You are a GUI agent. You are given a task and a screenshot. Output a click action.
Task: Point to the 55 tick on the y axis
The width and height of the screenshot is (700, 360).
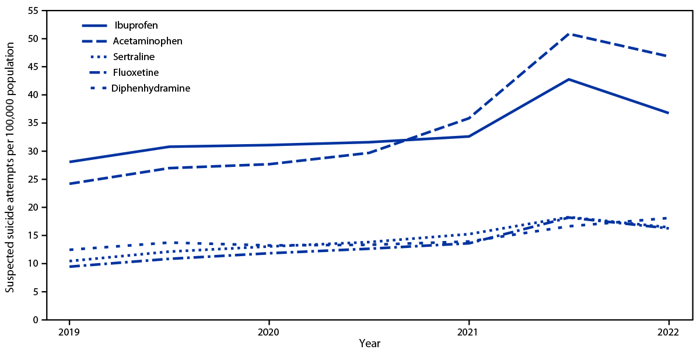click(33, 11)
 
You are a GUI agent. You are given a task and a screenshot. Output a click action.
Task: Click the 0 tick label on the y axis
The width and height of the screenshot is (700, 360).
click(36, 320)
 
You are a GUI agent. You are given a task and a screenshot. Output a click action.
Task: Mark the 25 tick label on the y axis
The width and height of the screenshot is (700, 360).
click(33, 179)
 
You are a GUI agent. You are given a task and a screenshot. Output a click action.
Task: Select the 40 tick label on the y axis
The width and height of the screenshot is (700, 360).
click(33, 95)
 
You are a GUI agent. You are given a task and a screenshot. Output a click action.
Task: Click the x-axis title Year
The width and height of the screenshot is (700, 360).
click(369, 344)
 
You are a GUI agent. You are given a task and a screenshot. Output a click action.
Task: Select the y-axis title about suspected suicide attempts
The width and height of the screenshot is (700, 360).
click(10, 165)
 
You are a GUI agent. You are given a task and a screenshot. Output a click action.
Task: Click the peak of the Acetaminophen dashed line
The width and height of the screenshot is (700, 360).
click(569, 34)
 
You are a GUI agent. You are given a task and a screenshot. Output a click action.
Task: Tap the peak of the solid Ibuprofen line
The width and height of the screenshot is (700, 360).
click(569, 79)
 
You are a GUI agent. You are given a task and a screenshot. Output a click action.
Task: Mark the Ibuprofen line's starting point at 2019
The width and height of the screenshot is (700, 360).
click(69, 162)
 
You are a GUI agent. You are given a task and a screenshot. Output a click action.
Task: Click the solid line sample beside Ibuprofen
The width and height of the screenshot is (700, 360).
click(103, 26)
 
